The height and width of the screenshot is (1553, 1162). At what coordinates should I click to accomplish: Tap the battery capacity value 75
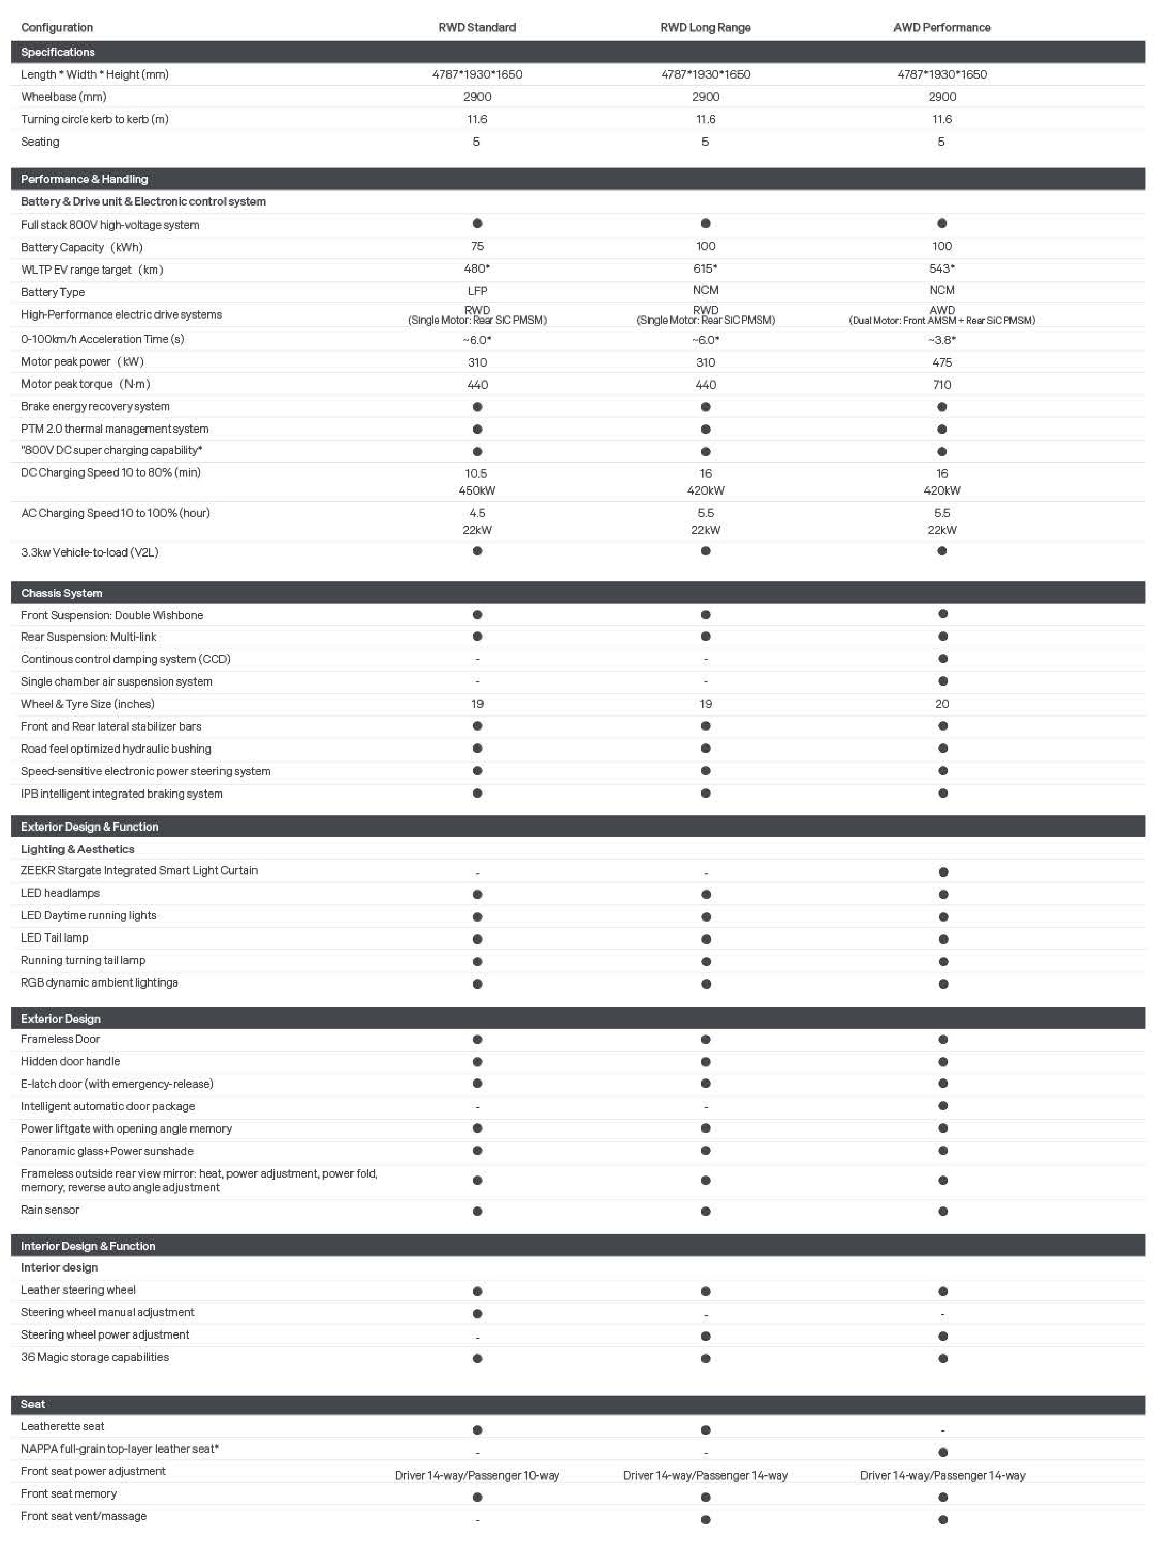coord(477,246)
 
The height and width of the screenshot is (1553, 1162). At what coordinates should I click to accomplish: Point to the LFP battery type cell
coord(477,291)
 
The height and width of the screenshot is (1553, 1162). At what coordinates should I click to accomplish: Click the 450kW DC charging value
coord(477,491)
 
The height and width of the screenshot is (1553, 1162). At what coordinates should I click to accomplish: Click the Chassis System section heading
coord(62,593)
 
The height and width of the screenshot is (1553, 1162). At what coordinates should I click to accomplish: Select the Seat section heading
coord(33,1404)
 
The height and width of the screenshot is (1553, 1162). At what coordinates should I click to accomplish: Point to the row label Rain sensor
coord(50,1210)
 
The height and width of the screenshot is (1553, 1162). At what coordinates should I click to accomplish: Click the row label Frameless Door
coord(60,1039)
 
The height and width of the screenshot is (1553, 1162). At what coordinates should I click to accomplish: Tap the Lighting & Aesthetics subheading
coord(77,849)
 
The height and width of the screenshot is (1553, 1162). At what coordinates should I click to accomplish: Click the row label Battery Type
coord(53,292)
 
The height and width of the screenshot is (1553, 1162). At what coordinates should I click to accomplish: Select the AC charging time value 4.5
coord(477,513)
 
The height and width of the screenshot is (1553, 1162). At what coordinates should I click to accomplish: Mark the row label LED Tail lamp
coord(55,938)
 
